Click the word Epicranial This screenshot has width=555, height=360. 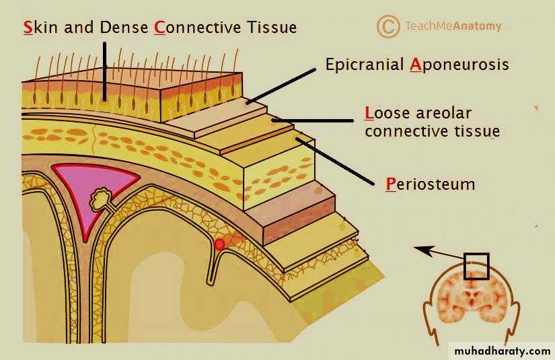(365, 65)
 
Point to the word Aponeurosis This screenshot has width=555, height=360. (459, 65)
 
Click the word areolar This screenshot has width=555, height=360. (444, 113)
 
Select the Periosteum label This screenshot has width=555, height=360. (431, 184)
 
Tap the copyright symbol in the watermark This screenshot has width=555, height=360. (388, 26)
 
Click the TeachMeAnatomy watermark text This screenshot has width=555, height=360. (453, 26)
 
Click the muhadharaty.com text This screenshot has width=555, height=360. (503, 351)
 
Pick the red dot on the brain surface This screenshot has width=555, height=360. (220, 244)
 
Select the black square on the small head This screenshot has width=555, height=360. (476, 266)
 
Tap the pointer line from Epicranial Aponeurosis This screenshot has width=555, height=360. (281, 86)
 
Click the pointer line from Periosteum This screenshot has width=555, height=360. (335, 161)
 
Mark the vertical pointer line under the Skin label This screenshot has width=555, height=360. (105, 71)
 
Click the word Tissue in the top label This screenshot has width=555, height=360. (272, 28)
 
